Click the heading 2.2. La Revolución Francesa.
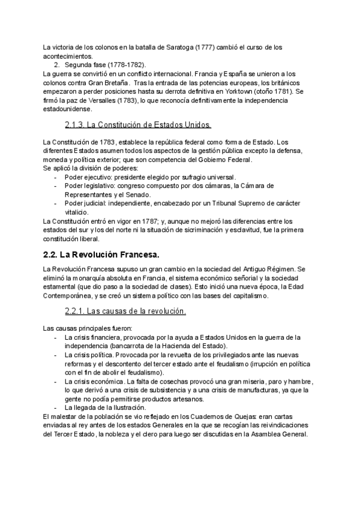click(x=101, y=255)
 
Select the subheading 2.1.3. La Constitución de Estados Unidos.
click(x=137, y=125)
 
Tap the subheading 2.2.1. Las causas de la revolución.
click(x=125, y=311)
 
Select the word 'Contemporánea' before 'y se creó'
click(x=70, y=295)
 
